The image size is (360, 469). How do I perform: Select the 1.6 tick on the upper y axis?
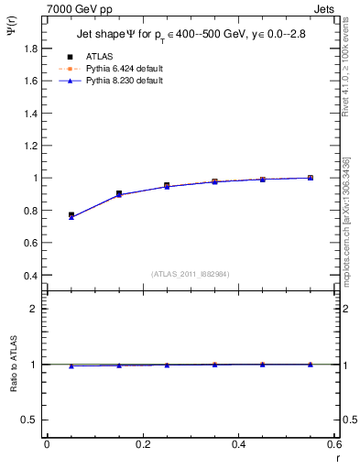33,81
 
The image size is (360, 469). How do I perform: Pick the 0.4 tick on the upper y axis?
33,275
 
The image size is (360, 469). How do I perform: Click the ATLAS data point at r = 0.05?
71,215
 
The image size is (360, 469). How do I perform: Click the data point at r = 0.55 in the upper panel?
311,178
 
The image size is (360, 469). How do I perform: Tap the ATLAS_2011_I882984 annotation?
190,274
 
